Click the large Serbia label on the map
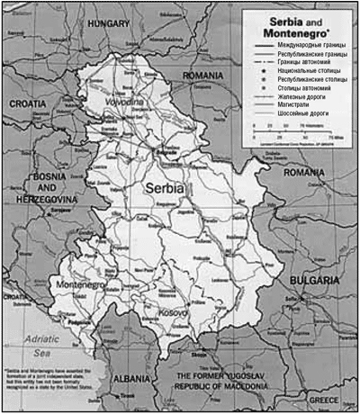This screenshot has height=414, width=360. tap(163, 190)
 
